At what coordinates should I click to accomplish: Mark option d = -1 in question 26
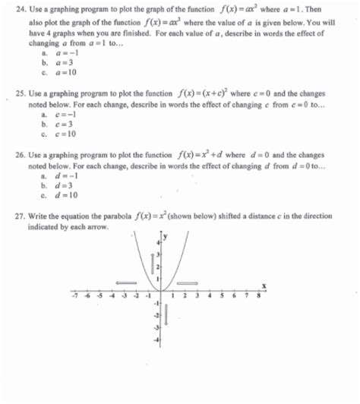click(x=59, y=175)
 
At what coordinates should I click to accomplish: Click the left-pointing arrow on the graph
click(x=125, y=282)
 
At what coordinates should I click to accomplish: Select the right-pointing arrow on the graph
click(x=187, y=282)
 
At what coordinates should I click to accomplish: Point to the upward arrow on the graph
click(x=153, y=265)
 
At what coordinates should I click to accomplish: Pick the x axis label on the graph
click(x=264, y=285)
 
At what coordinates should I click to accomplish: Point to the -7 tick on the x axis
click(x=74, y=297)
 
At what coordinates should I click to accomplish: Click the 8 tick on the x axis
click(x=258, y=297)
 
